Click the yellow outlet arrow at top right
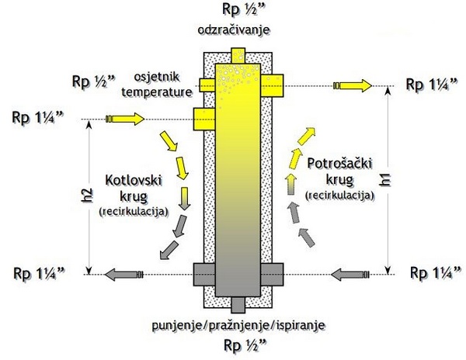click(x=352, y=84)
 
